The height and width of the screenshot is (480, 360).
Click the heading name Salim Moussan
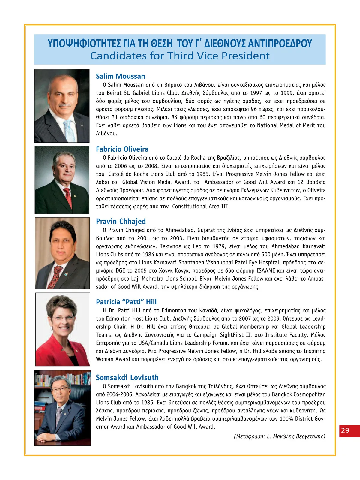click(120, 76)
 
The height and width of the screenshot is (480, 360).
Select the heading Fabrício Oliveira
click(122, 149)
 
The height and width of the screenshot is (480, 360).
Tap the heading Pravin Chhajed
click(121, 222)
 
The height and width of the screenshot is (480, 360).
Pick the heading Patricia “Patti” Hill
click(126, 302)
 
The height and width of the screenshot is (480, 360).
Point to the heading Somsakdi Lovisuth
click(127, 378)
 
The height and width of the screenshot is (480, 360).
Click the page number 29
click(345, 430)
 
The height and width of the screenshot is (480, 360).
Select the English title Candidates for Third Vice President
click(180, 56)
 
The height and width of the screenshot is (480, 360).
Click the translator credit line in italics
click(279, 436)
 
